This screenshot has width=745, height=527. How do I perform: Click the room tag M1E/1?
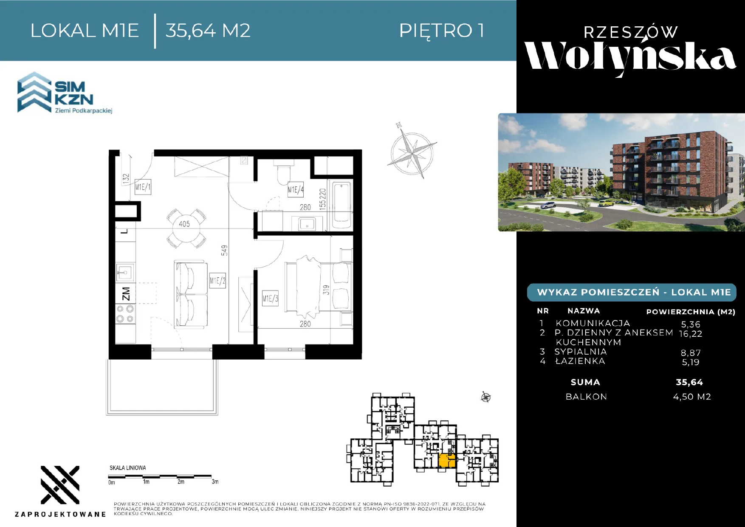(x=143, y=187)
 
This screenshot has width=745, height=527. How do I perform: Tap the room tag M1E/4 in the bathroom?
(x=296, y=189)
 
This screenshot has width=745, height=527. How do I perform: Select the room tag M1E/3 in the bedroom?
(x=270, y=299)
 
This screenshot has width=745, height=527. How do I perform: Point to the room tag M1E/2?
(x=217, y=281)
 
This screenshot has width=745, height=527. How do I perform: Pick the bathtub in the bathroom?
(x=342, y=203)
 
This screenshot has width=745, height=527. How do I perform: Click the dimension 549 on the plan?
(x=224, y=250)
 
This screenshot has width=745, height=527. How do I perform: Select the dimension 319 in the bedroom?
(x=326, y=290)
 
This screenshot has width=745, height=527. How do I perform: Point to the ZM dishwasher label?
(x=126, y=293)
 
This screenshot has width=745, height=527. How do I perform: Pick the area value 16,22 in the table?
(x=691, y=334)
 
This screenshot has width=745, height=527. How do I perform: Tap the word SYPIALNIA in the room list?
(x=581, y=352)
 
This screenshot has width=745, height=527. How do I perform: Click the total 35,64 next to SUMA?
(x=689, y=382)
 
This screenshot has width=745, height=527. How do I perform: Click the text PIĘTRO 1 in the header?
(x=442, y=31)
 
